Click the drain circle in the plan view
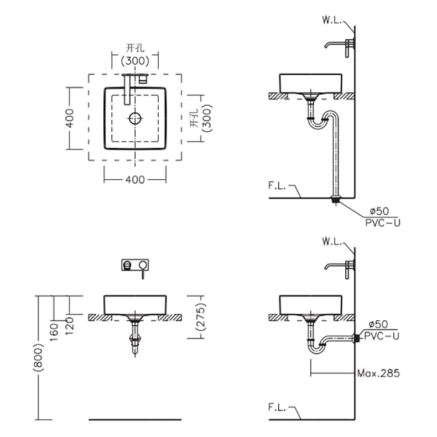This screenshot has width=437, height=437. [135, 118]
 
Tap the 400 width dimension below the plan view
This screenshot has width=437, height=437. [135, 179]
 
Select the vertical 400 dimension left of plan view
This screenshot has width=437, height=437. [70, 118]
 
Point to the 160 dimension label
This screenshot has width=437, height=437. [54, 332]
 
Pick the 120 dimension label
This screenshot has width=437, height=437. [69, 326]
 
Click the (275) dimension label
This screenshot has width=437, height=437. [201, 316]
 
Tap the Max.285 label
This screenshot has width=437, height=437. [378, 373]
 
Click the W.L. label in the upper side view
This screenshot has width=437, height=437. [332, 20]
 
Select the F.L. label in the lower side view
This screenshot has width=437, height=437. [277, 407]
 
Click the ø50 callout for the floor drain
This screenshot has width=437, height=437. [379, 211]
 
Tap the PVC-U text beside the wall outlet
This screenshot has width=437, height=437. [382, 336]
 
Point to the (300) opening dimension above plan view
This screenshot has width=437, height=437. [135, 60]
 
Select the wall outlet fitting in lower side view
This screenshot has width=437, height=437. [356, 338]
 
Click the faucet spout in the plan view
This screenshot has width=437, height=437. [127, 90]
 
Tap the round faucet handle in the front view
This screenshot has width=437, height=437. [143, 264]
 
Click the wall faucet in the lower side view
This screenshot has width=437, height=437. [340, 269]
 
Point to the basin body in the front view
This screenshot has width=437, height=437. [135, 305]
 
